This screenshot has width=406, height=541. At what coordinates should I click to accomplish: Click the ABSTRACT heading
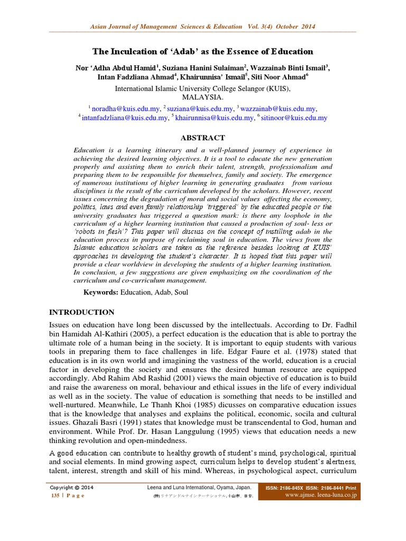pos(203,137)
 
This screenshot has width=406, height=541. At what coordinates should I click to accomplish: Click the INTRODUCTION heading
pos(81,312)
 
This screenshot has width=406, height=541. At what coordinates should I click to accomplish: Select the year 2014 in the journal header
pos(313,26)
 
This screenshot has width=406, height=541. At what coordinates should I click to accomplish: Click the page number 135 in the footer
pos(54,496)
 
